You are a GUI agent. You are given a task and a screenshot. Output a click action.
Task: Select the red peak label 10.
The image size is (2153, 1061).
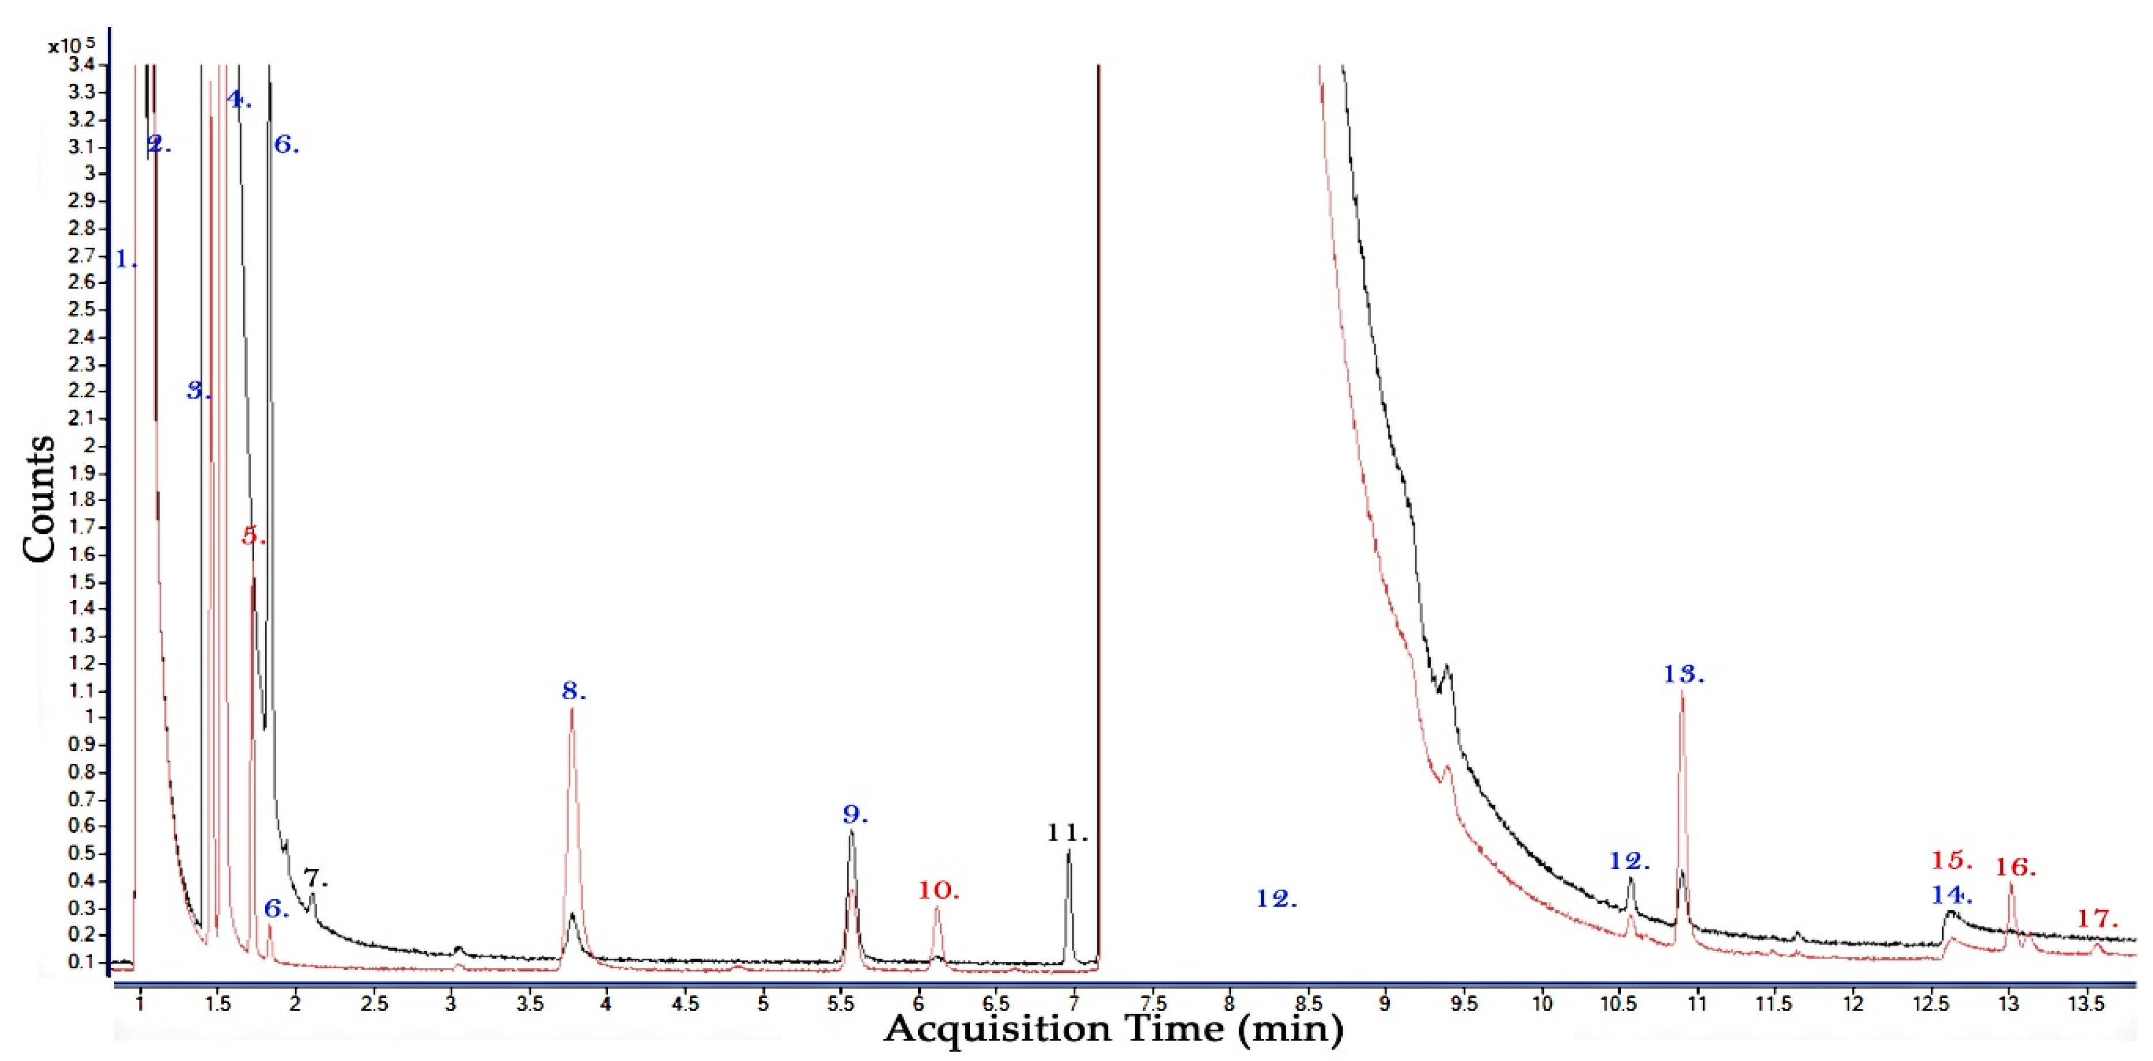point(938,891)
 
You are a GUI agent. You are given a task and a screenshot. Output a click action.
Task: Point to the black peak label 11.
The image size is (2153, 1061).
point(1067,832)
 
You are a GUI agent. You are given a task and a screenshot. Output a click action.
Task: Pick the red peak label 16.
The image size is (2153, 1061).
point(2016,867)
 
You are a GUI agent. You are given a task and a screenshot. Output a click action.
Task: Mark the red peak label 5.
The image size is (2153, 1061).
point(253,536)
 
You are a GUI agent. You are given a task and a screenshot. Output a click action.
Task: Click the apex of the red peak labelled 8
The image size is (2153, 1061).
point(572,709)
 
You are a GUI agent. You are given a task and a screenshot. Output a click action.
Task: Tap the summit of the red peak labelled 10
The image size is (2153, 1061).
point(937,908)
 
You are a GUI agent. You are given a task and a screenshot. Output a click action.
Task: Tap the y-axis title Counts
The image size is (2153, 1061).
point(39,499)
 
